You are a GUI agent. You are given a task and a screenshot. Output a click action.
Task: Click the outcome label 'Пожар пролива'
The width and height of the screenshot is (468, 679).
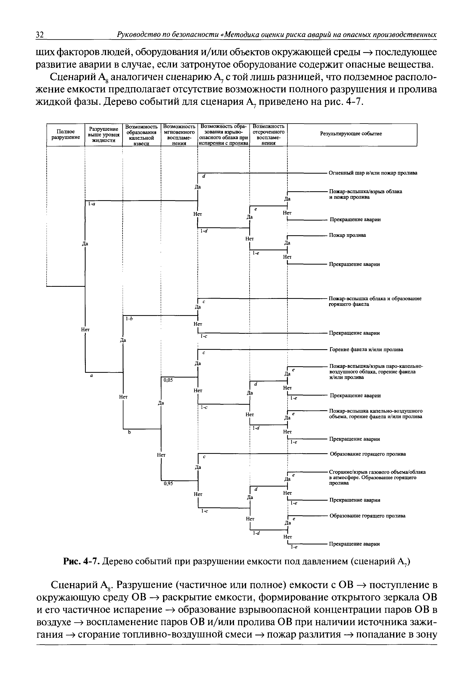348,235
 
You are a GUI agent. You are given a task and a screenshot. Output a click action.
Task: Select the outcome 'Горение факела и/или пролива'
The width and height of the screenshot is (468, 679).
366,350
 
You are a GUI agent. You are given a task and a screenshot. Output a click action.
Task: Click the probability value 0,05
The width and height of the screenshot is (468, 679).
168,380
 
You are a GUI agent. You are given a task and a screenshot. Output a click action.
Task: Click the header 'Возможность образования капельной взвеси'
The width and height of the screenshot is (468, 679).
141,135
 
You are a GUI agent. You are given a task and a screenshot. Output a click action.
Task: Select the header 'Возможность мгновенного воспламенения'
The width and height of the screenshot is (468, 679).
179,135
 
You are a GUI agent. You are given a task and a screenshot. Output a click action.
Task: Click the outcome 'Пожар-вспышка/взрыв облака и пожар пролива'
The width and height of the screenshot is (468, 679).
365,194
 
